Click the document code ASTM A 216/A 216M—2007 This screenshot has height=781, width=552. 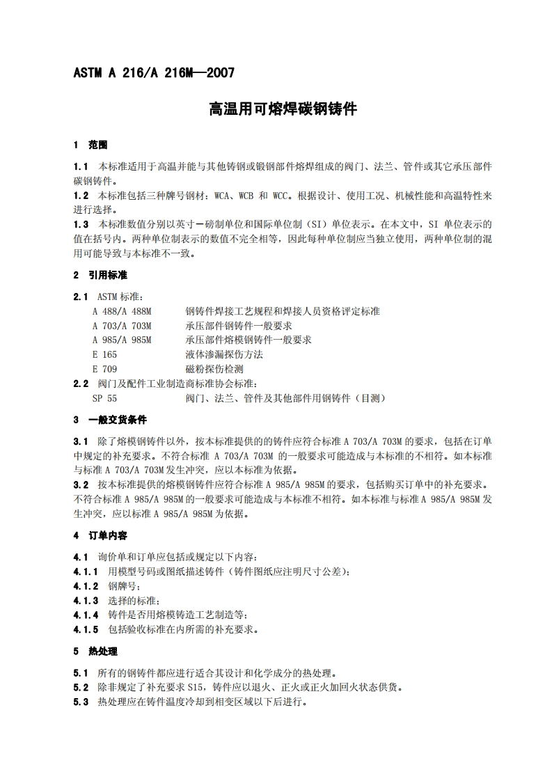[154, 72]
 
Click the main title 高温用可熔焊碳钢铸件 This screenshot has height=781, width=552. [283, 109]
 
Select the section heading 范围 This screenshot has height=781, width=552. [97, 145]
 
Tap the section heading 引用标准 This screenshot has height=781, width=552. [107, 275]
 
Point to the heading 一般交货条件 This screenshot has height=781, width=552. [117, 420]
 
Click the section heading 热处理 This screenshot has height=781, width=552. [102, 652]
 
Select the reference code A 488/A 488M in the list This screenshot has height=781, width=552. [122, 311]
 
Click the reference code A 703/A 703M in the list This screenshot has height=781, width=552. [122, 326]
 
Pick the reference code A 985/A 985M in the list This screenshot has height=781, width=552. [122, 340]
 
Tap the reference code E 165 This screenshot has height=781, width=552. [104, 354]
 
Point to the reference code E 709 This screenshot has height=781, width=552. [104, 369]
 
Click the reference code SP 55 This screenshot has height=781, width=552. [104, 398]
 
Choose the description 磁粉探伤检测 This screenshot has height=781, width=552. [214, 369]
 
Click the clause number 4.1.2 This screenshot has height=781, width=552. [86, 586]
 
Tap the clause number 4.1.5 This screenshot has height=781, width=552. [86, 629]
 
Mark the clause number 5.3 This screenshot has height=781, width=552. [81, 702]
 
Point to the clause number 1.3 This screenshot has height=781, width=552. [81, 224]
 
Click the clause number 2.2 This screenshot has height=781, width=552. [81, 384]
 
